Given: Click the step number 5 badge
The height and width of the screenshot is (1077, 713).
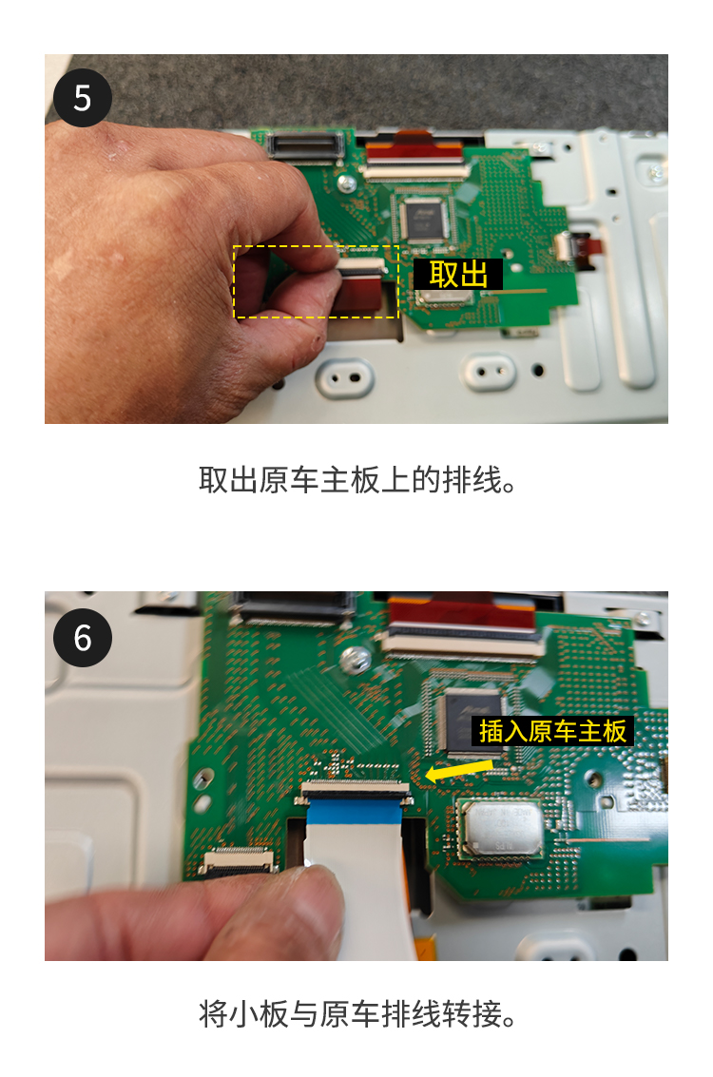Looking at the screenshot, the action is [x=83, y=98].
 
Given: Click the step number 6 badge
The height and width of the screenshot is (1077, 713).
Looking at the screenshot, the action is [x=83, y=638].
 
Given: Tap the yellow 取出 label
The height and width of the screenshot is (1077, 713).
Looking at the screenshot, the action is [x=458, y=274].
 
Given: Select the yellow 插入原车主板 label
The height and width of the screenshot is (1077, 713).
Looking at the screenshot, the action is [x=552, y=731].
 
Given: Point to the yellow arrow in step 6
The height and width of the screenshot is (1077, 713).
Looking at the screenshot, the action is [x=459, y=769].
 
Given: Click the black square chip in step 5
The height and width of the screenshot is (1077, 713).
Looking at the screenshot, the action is [x=423, y=219].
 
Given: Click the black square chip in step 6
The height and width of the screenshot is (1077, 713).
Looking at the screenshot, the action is [x=474, y=719].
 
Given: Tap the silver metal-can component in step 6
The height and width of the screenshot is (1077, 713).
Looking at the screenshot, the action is [x=501, y=828].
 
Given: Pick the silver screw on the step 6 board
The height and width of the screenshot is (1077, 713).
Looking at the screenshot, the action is [x=356, y=661].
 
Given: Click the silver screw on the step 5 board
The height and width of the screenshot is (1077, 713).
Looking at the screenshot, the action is [x=348, y=183].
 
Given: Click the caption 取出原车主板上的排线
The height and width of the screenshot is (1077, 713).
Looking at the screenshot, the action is [x=356, y=479].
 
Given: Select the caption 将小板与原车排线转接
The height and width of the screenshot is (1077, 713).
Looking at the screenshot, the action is [x=356, y=1014].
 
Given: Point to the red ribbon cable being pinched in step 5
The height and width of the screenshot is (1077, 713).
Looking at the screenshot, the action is [x=359, y=291].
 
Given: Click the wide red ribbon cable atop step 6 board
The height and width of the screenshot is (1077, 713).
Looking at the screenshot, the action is [x=462, y=613].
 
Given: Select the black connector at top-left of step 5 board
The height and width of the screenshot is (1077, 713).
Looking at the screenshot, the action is [x=306, y=145].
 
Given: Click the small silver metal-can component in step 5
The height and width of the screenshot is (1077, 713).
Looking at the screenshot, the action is [x=444, y=296].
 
